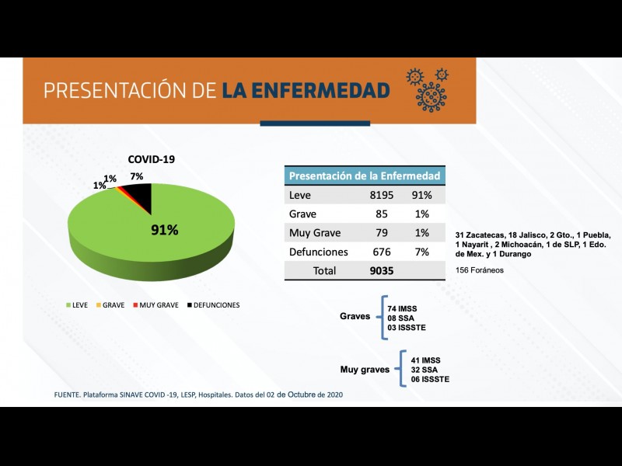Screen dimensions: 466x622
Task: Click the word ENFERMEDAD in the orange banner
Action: [306, 91]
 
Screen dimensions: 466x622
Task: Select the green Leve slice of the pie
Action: [132, 233]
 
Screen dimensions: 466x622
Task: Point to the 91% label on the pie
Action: [164, 230]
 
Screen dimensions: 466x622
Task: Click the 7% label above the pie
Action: [137, 177]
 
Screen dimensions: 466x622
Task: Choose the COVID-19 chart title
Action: [152, 159]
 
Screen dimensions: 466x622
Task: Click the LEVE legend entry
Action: [76, 305]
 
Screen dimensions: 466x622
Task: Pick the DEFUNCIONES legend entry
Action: [215, 305]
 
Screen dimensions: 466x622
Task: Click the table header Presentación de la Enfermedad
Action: [365, 176]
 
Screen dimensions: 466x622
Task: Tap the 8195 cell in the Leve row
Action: [383, 196]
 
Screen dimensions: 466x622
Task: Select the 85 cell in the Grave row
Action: [382, 214]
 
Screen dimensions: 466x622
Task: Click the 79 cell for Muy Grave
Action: [382, 233]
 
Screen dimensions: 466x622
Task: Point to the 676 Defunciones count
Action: [382, 252]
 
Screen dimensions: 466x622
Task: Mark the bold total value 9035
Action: [383, 271]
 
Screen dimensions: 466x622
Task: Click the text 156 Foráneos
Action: [480, 270]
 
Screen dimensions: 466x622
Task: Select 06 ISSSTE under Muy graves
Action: [430, 379]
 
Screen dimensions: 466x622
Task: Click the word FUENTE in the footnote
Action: [68, 395]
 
